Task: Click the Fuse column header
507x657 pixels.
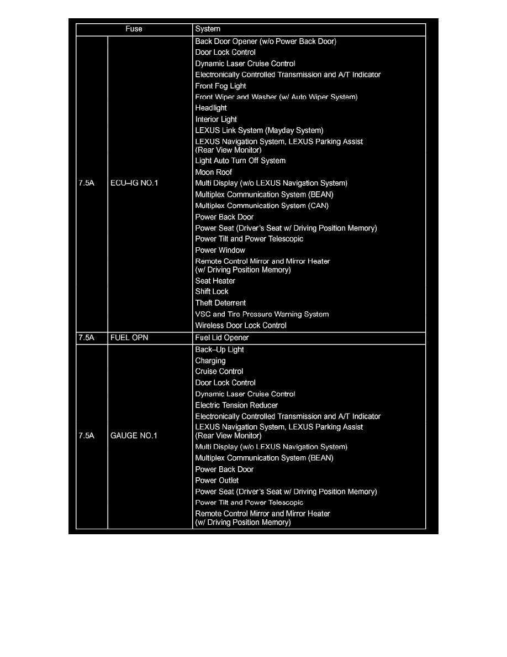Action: click(134, 29)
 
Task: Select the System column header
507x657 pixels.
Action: click(208, 29)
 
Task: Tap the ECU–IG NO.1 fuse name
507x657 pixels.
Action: click(134, 183)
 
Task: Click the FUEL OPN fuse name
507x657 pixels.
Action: click(129, 337)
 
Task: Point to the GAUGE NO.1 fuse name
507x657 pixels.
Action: click(134, 436)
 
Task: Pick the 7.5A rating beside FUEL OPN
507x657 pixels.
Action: click(86, 337)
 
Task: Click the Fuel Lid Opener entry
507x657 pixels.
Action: click(222, 337)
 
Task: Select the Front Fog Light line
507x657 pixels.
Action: click(220, 86)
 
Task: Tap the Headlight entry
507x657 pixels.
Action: click(211, 108)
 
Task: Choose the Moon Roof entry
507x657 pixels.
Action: click(213, 172)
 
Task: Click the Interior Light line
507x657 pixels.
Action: click(216, 119)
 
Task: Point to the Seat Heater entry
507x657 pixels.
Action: click(215, 281)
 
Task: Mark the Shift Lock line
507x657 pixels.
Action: click(212, 291)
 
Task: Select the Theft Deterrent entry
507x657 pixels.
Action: click(220, 303)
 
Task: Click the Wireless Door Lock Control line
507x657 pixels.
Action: click(241, 325)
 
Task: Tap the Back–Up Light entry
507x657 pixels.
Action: click(219, 350)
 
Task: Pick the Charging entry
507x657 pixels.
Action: click(210, 361)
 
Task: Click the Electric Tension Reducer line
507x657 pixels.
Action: click(236, 405)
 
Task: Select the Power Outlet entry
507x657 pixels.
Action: click(217, 480)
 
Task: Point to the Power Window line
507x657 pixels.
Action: click(220, 250)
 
